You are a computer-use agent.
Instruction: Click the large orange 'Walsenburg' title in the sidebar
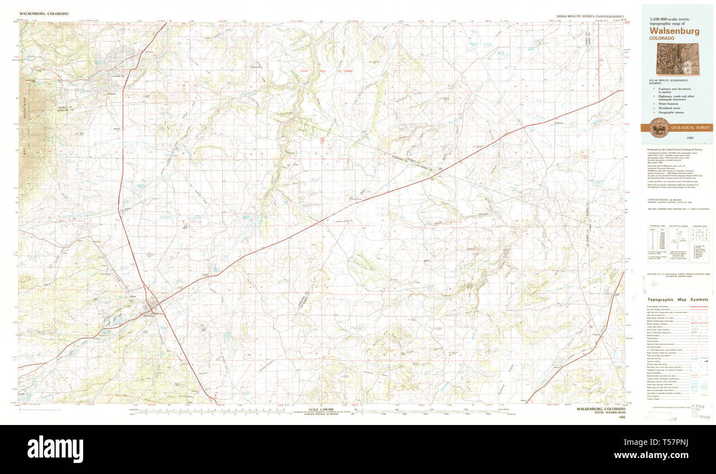pos(674,31)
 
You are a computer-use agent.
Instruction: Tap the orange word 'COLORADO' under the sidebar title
pos(661,39)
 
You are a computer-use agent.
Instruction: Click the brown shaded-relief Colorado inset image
pos(677,59)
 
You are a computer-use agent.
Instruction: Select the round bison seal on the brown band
pos(659,128)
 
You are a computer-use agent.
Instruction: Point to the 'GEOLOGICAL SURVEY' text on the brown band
pos(690,128)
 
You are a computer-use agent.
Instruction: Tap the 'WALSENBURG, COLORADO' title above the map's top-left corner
pos(44,13)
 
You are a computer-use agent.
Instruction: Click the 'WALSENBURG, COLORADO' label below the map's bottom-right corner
pos(600,410)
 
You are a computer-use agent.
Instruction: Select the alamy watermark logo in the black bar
pos(55,449)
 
